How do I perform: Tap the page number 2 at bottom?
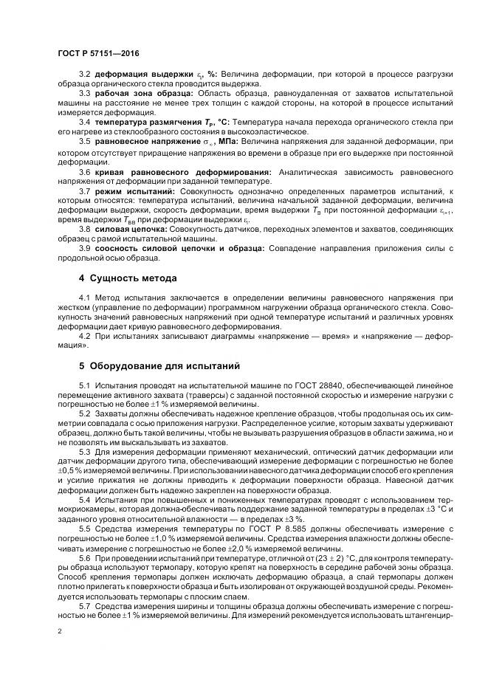point(59,633)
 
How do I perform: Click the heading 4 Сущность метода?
point(127,278)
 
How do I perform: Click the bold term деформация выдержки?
point(140,75)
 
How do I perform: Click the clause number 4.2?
point(84,334)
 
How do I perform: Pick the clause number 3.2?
point(84,75)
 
